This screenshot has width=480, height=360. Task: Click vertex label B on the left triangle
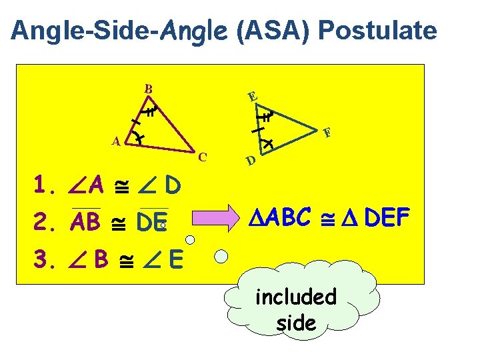click(x=149, y=89)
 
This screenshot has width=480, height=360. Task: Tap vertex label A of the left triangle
click(x=116, y=141)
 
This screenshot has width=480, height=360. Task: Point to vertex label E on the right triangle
click(x=251, y=97)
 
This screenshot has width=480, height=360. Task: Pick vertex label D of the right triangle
click(x=249, y=161)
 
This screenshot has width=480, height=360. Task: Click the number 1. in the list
click(x=47, y=184)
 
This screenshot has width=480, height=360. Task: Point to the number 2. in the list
click(x=47, y=221)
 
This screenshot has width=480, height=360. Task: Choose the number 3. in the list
click(x=47, y=257)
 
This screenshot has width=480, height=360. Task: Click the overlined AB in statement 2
click(x=87, y=221)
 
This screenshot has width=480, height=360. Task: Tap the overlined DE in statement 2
click(x=151, y=221)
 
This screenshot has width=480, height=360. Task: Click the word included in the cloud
click(x=296, y=297)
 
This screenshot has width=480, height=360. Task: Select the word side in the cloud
click(x=296, y=323)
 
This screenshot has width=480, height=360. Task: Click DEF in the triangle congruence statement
click(x=390, y=217)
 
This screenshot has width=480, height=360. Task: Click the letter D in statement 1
click(x=171, y=184)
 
